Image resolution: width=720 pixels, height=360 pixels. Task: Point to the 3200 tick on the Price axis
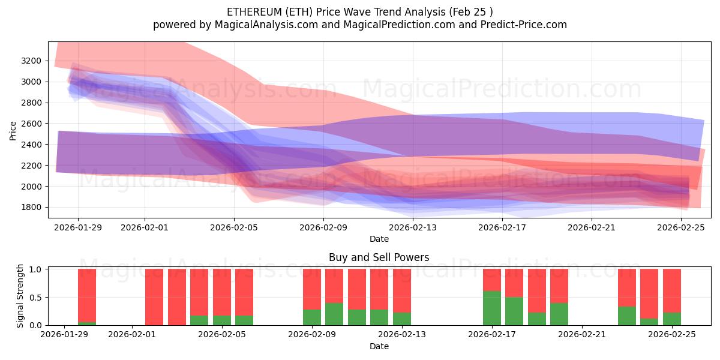(x=31, y=61)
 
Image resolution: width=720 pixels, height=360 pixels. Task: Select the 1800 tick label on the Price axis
(x=31, y=208)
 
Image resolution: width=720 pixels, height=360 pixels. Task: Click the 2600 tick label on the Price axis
(x=31, y=124)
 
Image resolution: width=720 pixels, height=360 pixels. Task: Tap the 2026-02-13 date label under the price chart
(x=413, y=227)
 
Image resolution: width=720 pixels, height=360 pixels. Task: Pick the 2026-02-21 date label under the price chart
(x=592, y=227)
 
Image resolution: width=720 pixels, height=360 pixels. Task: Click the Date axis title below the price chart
(x=379, y=239)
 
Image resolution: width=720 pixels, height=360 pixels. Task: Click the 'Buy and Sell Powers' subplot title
(x=379, y=257)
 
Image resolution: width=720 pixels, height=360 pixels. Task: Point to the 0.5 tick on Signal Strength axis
(x=36, y=297)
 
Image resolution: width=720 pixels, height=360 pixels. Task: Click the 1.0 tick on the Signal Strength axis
(x=36, y=269)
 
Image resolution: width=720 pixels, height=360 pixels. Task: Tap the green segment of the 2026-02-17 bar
(x=492, y=308)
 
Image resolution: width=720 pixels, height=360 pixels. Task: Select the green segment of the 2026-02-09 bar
(x=312, y=317)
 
